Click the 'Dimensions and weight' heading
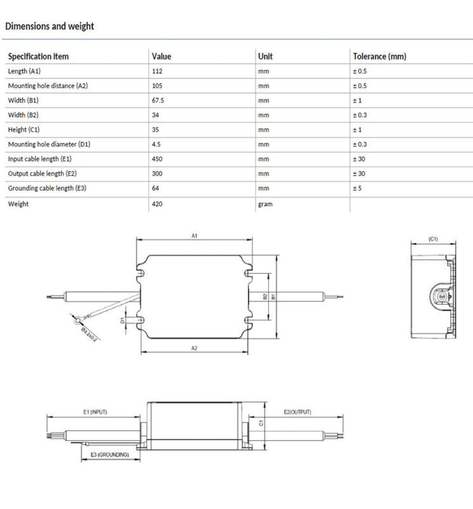click(50, 26)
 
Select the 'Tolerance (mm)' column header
click(379, 57)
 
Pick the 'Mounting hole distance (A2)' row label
click(48, 86)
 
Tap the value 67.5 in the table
click(159, 101)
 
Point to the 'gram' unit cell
click(265, 204)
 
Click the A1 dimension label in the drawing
click(195, 236)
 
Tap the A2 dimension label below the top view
click(195, 348)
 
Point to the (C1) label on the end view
click(433, 239)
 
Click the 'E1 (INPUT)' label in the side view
click(95, 412)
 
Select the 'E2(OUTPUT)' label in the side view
click(298, 412)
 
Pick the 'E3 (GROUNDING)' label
click(109, 454)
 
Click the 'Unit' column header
click(265, 57)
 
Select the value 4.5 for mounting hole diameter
click(156, 144)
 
